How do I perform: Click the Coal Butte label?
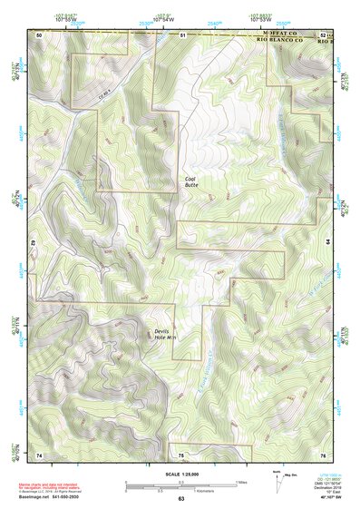pos(190,181)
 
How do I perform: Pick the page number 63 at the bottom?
pos(180,499)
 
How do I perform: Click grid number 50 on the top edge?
pos(39,34)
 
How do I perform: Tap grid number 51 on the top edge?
pos(181,34)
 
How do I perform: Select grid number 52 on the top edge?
pos(324,34)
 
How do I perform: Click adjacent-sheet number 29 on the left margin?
pos(33,245)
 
